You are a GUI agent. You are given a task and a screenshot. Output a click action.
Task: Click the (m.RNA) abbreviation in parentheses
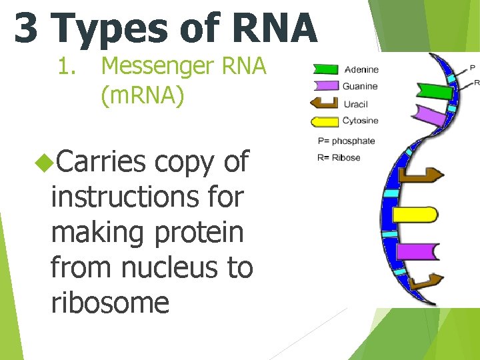[x=142, y=96]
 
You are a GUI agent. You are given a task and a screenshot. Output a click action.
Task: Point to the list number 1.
[x=65, y=67]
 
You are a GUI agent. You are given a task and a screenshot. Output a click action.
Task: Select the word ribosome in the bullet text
[x=110, y=302]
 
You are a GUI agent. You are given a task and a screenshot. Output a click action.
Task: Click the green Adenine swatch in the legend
[x=325, y=69]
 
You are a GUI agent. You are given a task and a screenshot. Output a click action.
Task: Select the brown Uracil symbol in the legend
[x=325, y=104]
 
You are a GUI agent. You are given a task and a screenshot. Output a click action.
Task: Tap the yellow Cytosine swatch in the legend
[x=325, y=121]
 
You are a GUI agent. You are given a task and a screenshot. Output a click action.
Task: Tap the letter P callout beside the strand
[x=473, y=67]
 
